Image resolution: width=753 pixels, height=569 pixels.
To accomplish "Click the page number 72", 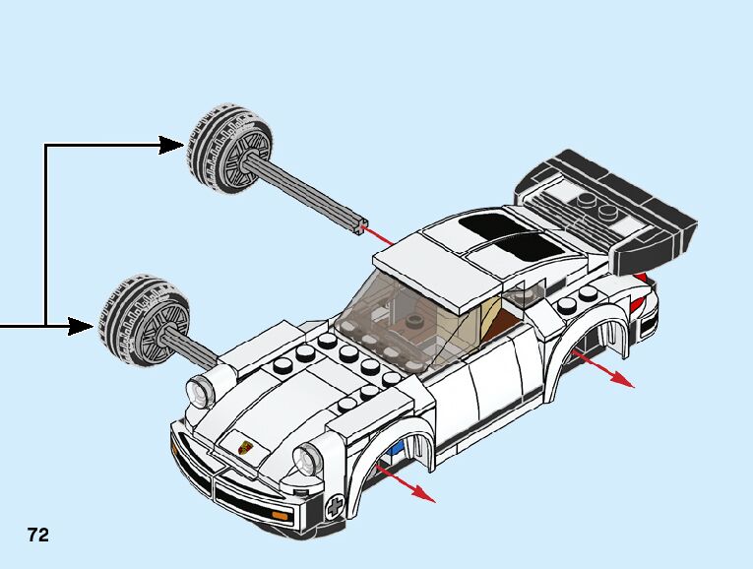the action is pyautogui.click(x=38, y=535).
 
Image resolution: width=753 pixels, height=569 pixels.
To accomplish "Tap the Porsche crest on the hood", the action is pyautogui.click(x=246, y=447).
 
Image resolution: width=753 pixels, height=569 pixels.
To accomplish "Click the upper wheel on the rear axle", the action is pyautogui.click(x=229, y=149).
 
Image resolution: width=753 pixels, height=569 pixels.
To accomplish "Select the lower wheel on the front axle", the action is pyautogui.click(x=144, y=320).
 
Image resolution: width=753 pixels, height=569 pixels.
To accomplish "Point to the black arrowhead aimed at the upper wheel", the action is pyautogui.click(x=171, y=145).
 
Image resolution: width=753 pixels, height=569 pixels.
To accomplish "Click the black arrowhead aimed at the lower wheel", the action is pyautogui.click(x=81, y=327).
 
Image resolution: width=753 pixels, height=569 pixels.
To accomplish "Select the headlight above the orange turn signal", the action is pyautogui.click(x=308, y=459).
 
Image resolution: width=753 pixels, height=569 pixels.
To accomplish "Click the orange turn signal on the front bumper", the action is pyautogui.click(x=280, y=516).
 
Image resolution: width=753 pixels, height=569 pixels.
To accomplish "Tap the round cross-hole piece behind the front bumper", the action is pyautogui.click(x=336, y=506).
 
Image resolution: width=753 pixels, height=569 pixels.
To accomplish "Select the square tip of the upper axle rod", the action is pyautogui.click(x=360, y=226).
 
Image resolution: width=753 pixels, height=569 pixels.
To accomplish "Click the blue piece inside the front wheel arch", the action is pyautogui.click(x=396, y=450).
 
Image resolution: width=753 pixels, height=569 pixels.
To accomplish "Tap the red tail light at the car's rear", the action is pyautogui.click(x=638, y=303).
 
